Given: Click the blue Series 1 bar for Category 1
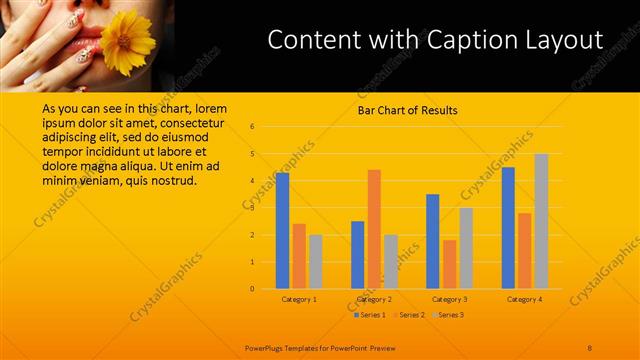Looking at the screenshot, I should coord(283,231).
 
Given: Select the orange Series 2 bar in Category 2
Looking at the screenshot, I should coord(374,229).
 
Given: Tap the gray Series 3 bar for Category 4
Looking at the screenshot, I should coord(541,221).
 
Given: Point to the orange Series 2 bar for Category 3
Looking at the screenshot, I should coord(449,264).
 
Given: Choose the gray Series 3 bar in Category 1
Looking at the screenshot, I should coord(315,261).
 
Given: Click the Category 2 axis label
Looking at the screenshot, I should coord(374,299).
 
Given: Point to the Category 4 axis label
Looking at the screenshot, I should coord(524,299).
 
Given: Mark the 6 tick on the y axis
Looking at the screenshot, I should coord(253,127).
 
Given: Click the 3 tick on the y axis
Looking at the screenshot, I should coord(253,208).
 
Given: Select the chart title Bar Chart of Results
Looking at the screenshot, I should coord(407,110).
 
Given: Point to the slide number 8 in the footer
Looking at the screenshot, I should coord(590,347).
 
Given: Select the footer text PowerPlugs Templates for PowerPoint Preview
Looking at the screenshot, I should coord(314,347).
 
